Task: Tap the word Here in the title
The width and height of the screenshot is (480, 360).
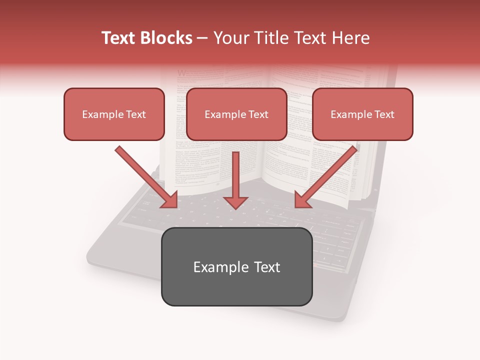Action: coord(351,38)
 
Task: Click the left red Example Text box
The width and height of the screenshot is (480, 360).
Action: coord(114,114)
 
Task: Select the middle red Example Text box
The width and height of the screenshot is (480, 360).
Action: coord(236,114)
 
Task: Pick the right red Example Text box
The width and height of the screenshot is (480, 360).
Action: coord(362,114)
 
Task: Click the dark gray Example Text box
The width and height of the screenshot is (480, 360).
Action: coord(236,266)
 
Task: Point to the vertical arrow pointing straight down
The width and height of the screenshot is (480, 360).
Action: coord(235,177)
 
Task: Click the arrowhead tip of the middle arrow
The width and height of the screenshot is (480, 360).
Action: coord(235,207)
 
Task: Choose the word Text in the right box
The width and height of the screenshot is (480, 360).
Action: coord(384,114)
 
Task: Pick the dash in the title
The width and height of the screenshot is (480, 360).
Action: coord(202,38)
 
